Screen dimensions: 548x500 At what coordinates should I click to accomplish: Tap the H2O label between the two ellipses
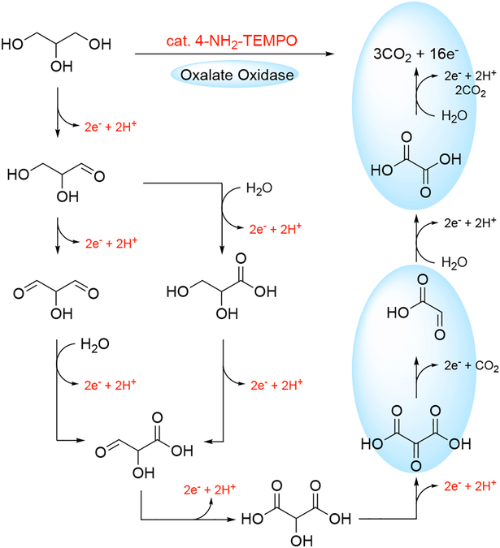[456, 260]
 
